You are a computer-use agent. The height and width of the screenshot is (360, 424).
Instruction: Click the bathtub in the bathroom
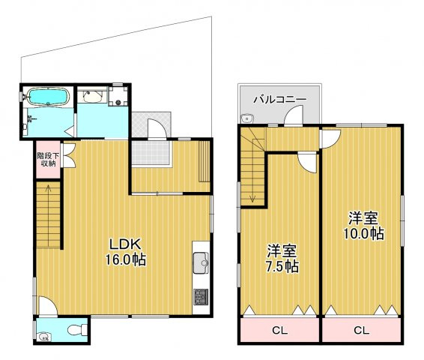(x=49, y=96)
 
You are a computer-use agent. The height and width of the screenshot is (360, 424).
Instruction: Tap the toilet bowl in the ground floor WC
(x=77, y=330)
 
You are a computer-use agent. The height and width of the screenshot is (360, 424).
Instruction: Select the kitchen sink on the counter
(x=201, y=263)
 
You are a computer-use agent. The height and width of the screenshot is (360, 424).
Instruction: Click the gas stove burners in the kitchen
(x=201, y=297)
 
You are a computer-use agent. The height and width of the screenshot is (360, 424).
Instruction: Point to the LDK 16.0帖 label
(x=125, y=252)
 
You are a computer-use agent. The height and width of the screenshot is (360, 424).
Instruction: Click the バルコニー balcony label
(x=280, y=100)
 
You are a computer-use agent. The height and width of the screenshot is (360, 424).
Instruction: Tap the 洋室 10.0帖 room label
(x=363, y=226)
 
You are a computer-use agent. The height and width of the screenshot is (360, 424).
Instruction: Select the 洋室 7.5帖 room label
(x=282, y=258)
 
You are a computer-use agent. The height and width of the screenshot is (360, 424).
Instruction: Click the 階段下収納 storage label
(x=48, y=160)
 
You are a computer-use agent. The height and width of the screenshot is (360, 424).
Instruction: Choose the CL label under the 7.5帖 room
(x=280, y=330)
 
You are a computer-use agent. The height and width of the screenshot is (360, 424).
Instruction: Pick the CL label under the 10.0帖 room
(x=362, y=330)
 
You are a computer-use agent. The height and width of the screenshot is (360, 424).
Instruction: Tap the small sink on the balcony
(x=246, y=118)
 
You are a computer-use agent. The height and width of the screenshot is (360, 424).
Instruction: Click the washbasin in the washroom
(x=92, y=96)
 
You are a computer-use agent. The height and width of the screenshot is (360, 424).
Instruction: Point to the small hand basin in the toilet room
(x=43, y=337)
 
